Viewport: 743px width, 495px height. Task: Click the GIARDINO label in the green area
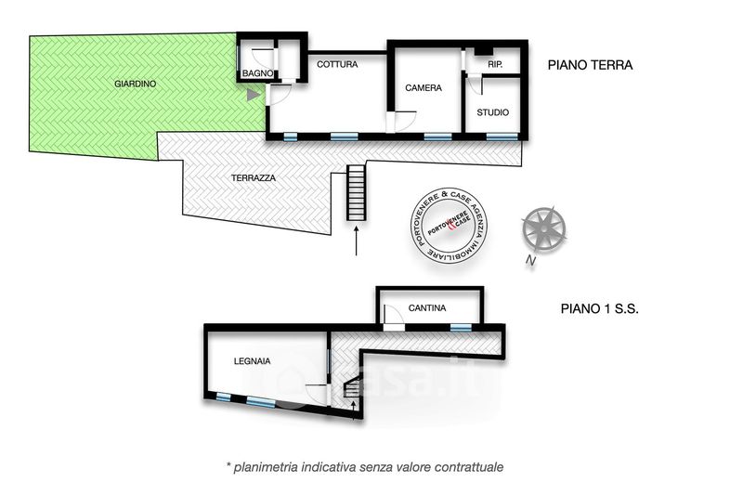pyautogui.click(x=135, y=84)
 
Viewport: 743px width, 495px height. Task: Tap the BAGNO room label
pyautogui.click(x=258, y=73)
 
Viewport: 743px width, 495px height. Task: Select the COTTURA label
pyautogui.click(x=337, y=64)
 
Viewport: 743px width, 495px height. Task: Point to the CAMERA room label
pyautogui.click(x=424, y=87)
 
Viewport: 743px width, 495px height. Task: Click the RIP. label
pyautogui.click(x=495, y=64)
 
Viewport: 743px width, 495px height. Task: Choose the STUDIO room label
pyautogui.click(x=493, y=112)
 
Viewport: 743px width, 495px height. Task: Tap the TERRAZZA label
pyautogui.click(x=253, y=178)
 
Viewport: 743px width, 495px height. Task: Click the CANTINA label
pyautogui.click(x=427, y=308)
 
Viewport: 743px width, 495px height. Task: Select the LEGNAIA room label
pyautogui.click(x=252, y=361)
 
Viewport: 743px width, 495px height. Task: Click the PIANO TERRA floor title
pyautogui.click(x=590, y=65)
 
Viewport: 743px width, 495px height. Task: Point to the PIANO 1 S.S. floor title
pyautogui.click(x=599, y=309)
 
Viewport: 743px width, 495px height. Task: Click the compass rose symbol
pyautogui.click(x=543, y=229)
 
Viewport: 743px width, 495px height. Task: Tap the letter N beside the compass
pyautogui.click(x=530, y=260)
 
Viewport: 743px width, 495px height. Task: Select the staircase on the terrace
pyautogui.click(x=357, y=192)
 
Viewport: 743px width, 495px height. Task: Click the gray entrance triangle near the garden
pyautogui.click(x=254, y=95)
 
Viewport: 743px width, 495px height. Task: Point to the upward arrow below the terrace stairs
pyautogui.click(x=357, y=241)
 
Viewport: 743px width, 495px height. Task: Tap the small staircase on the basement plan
pyautogui.click(x=352, y=387)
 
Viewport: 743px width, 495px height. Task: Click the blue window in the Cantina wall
pyautogui.click(x=460, y=327)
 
